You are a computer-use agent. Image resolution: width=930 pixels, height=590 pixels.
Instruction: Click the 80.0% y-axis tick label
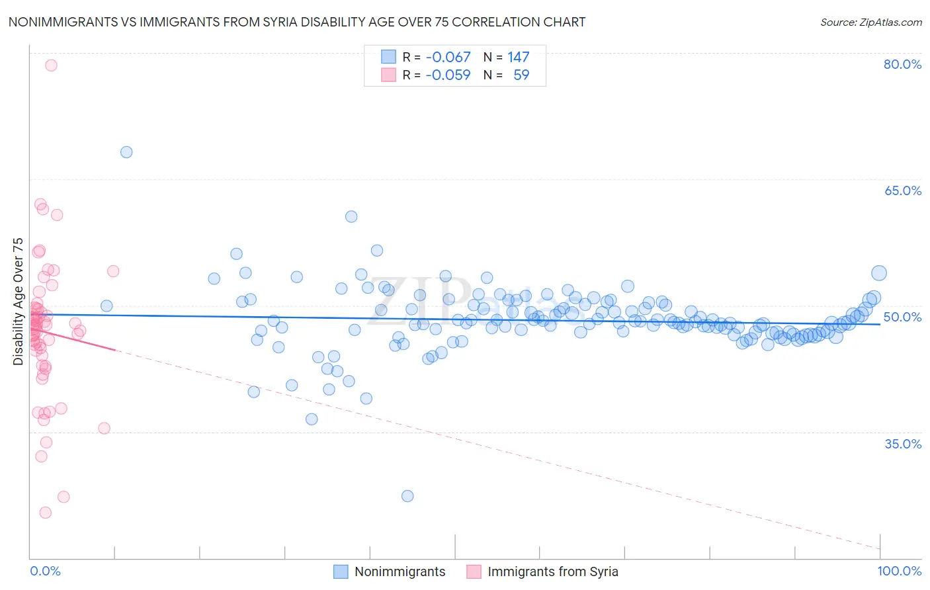tap(902, 64)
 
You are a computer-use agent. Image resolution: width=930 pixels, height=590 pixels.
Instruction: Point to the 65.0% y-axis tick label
tap(902, 190)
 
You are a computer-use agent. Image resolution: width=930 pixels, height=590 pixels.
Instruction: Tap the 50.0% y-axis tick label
tap(902, 317)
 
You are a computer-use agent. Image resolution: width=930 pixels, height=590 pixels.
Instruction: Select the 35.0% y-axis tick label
tap(902, 444)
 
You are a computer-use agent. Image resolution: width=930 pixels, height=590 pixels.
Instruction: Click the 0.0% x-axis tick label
tap(45, 571)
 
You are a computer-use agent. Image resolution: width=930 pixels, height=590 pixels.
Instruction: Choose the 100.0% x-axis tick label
tap(899, 571)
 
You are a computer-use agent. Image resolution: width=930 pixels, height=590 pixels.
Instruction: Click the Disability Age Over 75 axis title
tap(18, 301)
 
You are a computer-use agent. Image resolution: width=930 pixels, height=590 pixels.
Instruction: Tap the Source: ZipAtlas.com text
tap(870, 22)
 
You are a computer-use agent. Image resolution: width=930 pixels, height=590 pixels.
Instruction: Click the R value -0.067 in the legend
tap(448, 57)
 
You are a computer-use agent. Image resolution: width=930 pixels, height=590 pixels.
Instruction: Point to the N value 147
tap(518, 57)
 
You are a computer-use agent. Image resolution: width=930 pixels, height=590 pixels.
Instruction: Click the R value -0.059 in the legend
tap(448, 75)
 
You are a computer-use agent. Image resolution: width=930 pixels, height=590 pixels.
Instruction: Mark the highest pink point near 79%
tap(51, 65)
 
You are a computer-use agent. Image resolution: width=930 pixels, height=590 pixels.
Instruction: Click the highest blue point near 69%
tap(126, 152)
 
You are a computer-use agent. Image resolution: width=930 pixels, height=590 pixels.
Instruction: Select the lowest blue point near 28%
tap(407, 496)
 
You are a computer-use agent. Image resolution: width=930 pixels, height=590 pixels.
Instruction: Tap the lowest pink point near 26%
tap(46, 513)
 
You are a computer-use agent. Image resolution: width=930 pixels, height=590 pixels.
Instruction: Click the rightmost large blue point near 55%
tap(878, 273)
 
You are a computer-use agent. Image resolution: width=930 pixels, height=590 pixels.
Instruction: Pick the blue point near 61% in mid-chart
tap(351, 217)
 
